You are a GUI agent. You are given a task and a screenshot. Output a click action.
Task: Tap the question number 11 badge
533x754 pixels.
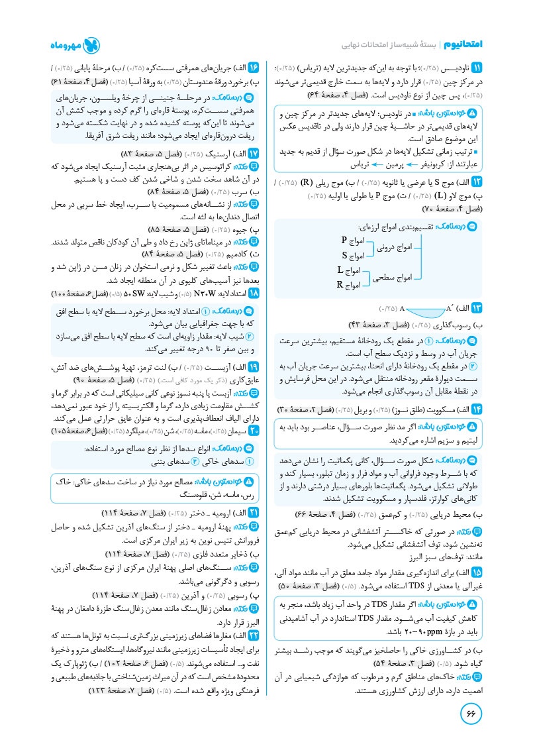(x=476, y=68)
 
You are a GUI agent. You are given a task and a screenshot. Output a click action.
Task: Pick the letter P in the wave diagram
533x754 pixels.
(x=344, y=239)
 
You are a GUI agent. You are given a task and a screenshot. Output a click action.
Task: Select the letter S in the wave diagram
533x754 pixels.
(x=344, y=255)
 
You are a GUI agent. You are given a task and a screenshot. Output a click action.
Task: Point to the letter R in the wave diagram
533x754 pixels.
(x=340, y=285)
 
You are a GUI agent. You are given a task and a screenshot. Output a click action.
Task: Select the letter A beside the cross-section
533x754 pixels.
(x=402, y=309)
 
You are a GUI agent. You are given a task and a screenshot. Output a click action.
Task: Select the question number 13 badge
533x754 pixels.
(x=476, y=308)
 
